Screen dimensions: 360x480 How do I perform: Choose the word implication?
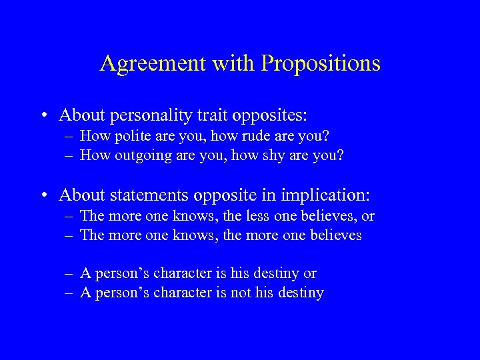pyautogui.click(x=327, y=195)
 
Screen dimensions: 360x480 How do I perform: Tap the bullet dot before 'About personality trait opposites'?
pyautogui.click(x=43, y=116)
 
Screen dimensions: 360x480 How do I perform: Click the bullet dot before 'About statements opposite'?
pyautogui.click(x=43, y=195)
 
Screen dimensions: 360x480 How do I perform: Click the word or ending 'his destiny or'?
pyautogui.click(x=309, y=273)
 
